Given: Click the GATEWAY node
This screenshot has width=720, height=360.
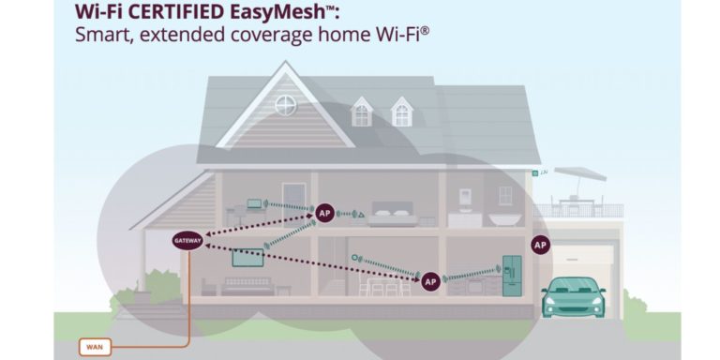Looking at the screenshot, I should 187,241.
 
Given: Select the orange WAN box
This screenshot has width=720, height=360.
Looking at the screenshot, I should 94,347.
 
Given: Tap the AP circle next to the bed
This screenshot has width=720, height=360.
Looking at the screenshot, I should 324,213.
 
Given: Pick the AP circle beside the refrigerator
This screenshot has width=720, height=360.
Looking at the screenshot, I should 430,280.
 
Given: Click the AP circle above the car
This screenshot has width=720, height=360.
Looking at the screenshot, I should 539,245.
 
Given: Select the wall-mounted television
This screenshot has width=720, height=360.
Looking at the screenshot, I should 248,257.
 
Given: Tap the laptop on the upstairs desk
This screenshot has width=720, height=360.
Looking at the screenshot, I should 255,203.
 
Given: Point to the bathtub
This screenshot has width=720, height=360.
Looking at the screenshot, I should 504,218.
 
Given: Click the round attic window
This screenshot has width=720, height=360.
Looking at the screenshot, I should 286,105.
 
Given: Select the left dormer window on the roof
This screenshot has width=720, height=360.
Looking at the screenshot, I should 362,113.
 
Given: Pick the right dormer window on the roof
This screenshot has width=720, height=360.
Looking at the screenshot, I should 402,112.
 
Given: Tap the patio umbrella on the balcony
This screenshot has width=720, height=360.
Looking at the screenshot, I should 578,173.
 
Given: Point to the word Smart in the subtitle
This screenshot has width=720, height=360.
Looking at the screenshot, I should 100,36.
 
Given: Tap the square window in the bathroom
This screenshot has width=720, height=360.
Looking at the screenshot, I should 505,195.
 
